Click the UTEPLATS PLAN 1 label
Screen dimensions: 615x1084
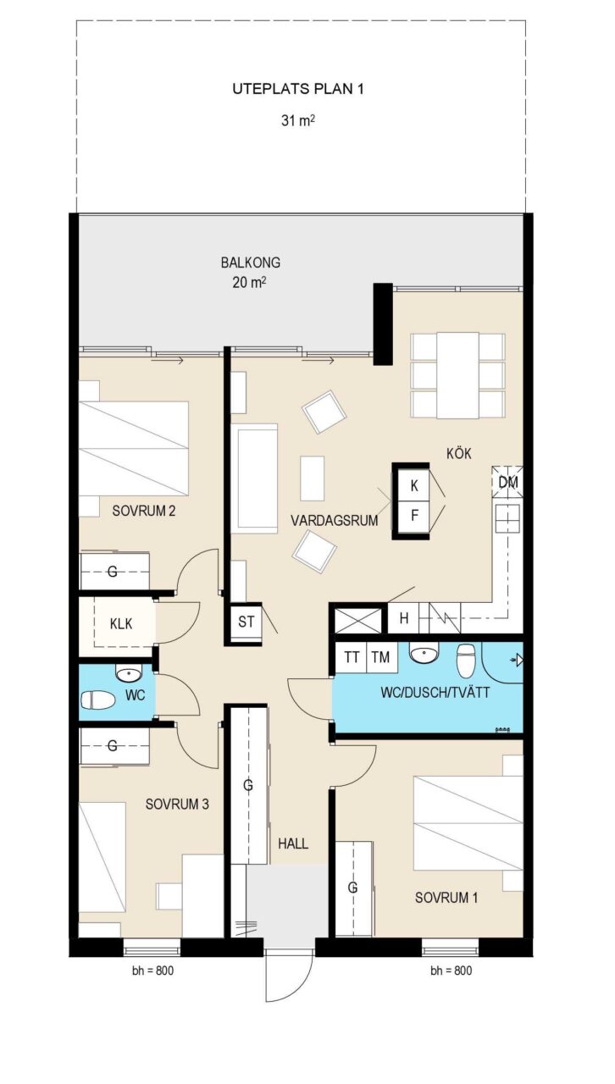click(298, 89)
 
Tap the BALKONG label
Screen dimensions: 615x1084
click(251, 263)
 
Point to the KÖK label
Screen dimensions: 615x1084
click(458, 453)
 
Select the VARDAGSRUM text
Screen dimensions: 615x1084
click(334, 521)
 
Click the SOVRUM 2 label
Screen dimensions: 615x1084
click(144, 511)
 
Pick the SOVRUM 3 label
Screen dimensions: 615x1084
click(177, 805)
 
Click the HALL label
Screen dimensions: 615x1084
click(293, 844)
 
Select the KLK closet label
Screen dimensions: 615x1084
click(121, 624)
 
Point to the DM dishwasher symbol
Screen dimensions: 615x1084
click(507, 482)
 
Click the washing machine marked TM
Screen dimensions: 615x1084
click(381, 657)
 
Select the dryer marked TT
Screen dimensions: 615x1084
click(352, 657)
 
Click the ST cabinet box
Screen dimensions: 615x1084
click(246, 622)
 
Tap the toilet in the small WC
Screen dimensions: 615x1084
click(97, 700)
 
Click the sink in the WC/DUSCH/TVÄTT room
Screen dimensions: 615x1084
click(424, 653)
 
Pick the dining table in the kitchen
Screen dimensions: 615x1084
click(458, 375)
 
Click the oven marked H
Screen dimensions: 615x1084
click(404, 618)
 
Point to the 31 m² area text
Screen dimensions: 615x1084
click(298, 120)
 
